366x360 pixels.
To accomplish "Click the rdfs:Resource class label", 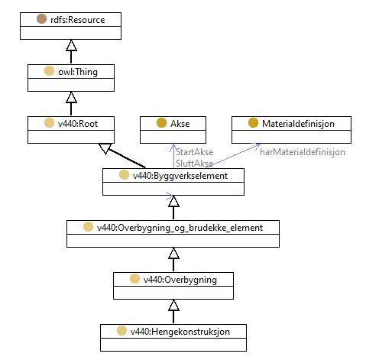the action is pos(78,20).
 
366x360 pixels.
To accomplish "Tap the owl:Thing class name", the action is pos(78,72).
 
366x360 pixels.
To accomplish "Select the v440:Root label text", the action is pos(78,124).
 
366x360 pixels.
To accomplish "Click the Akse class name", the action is pos(180,124).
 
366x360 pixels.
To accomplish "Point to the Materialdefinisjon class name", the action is pos(298,124).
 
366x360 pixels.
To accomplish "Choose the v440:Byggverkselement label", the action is pos(180,176).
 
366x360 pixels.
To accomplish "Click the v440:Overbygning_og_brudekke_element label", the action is pos(180,228).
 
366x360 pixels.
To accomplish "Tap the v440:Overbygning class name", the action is pos(180,280).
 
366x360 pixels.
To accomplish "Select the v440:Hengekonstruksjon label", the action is pos(180,332).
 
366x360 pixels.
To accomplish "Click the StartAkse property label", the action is pos(195,152).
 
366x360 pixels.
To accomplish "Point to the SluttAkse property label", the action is pos(195,164).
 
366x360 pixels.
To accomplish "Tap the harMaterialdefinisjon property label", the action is pos(303,152).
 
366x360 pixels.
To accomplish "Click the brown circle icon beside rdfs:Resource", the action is pos(41,19).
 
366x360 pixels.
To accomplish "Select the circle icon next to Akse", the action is pos(161,123).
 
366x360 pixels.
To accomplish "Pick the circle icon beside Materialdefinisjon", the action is pos(253,123).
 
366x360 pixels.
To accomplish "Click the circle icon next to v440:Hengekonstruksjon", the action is pos(121,331).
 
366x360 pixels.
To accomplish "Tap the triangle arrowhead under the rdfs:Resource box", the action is pos(71,45).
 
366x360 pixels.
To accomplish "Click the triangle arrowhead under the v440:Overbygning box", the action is pos(173,305).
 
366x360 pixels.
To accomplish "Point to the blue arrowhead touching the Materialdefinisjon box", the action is pos(256,146).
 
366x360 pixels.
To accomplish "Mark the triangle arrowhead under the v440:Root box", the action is pos(105,148).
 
